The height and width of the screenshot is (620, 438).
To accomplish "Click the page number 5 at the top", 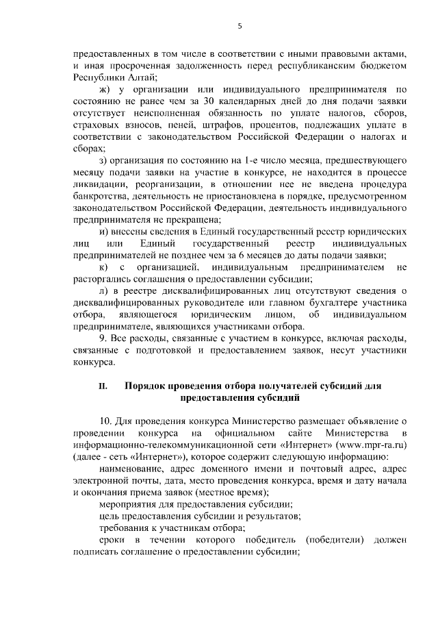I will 239,27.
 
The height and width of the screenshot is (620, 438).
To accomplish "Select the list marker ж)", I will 105,90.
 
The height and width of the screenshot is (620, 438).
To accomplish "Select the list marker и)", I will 105,232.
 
